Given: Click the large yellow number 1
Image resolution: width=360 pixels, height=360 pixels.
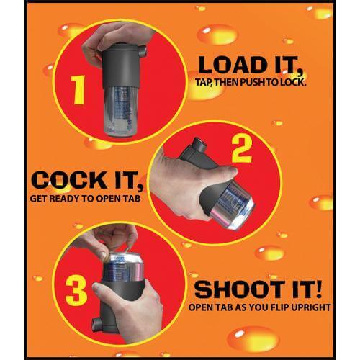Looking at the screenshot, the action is point(78,89).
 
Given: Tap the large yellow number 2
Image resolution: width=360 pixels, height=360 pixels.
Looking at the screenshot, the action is point(242,149).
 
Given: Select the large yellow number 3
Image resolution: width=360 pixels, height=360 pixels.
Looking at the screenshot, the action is point(76,291).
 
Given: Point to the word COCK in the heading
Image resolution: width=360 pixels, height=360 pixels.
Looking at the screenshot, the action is point(69,180).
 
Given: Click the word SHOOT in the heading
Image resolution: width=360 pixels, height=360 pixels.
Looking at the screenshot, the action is point(239,289).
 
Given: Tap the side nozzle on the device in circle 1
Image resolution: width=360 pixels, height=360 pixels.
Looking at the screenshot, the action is point(142,51).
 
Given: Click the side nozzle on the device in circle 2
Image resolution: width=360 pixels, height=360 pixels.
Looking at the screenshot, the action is point(199,145).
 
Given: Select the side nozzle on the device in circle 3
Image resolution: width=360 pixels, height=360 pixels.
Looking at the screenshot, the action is point(98,325).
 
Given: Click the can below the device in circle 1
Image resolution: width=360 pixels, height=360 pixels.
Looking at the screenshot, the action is point(118,111).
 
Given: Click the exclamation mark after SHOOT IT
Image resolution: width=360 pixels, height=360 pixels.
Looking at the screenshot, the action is point(317,289).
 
